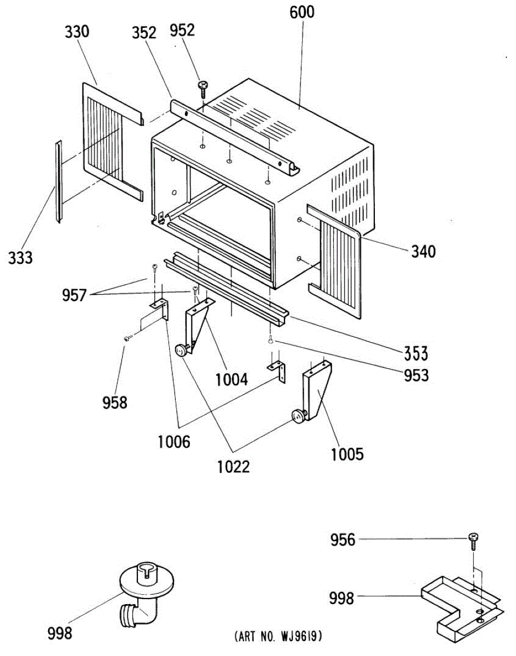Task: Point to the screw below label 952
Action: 204,87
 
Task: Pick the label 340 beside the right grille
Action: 424,251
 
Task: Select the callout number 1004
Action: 231,378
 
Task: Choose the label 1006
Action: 175,441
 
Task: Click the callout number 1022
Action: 234,467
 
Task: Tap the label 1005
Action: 347,454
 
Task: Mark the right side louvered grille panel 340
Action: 334,261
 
